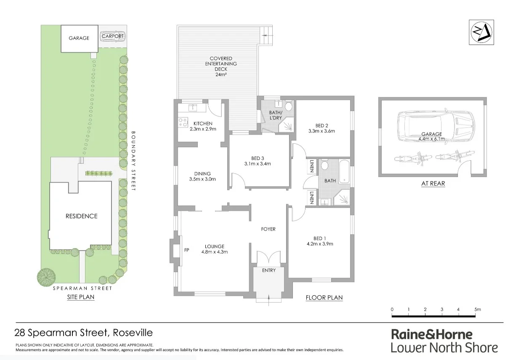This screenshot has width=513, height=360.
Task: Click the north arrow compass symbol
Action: [481, 32]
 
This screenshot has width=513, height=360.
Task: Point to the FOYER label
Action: [268, 229]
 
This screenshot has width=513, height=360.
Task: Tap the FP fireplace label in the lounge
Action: [186, 250]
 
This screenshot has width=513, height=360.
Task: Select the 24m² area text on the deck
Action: [221, 75]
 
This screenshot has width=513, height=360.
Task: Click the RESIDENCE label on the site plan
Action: [81, 216]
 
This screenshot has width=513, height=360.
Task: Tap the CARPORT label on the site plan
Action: [113, 37]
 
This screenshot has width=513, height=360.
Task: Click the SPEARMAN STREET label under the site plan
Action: [82, 289]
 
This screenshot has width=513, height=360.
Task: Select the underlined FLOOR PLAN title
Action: [324, 298]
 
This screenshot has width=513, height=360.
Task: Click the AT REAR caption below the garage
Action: [433, 183]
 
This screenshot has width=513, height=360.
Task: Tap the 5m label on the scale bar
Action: [477, 309]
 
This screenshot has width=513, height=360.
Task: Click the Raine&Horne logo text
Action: [432, 334]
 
